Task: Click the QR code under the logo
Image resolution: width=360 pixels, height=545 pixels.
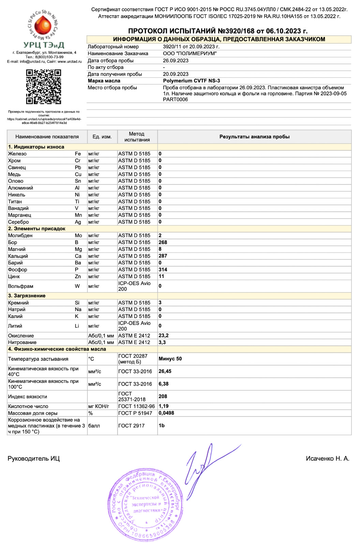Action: (44, 87)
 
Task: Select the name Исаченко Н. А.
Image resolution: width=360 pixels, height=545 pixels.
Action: (327, 458)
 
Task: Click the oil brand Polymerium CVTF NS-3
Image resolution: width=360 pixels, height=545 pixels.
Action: (191, 81)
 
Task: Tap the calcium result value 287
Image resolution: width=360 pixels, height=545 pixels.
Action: (163, 256)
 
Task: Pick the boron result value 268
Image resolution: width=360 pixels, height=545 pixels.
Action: (163, 242)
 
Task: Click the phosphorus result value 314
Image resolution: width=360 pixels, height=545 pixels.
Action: (163, 269)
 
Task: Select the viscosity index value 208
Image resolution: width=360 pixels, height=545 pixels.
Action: (163, 396)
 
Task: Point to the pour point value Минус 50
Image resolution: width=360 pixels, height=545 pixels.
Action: (170, 359)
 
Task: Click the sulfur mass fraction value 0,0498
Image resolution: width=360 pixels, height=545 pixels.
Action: (166, 413)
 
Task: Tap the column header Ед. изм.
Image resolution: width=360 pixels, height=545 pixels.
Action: (102, 137)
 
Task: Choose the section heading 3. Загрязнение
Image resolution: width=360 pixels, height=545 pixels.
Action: (27, 296)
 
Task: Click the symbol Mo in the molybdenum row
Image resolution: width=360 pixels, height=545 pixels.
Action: (78, 235)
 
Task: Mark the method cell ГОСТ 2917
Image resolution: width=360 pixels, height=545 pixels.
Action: (131, 425)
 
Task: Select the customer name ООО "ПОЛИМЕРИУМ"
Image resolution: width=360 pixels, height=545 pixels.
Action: (190, 53)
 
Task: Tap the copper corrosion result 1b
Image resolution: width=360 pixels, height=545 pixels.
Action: (162, 425)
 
